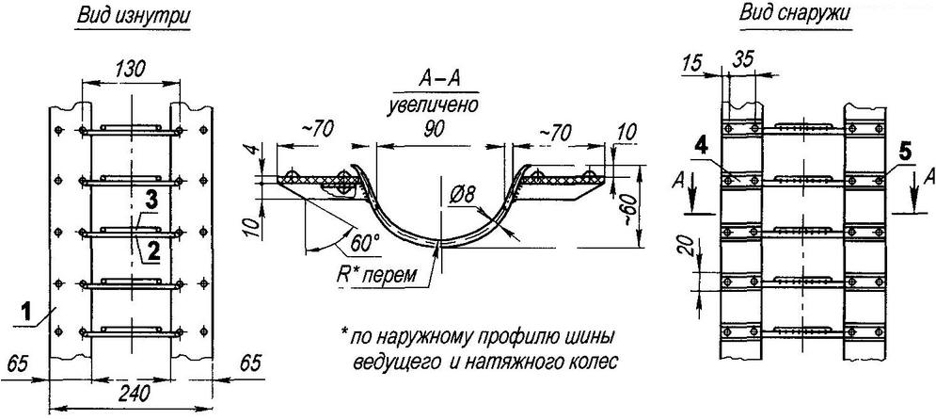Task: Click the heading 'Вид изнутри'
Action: click(x=135, y=19)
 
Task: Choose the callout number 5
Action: click(x=904, y=150)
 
